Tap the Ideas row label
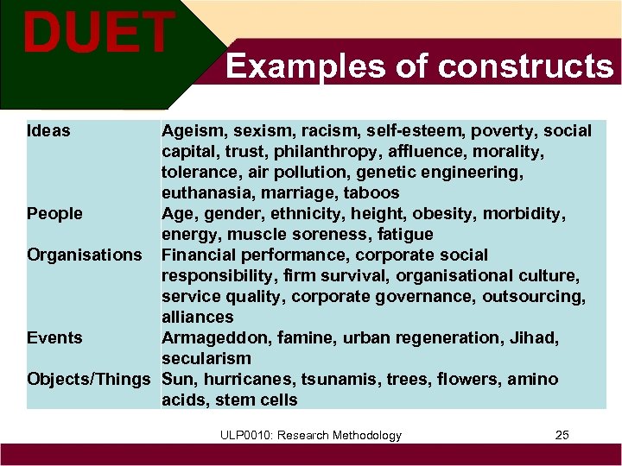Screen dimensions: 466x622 (x=49, y=131)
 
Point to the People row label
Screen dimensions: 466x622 (x=55, y=213)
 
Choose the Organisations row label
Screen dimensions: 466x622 (x=85, y=255)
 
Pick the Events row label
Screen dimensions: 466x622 (x=54, y=337)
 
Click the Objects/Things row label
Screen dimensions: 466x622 (x=89, y=379)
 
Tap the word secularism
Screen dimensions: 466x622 (x=206, y=358)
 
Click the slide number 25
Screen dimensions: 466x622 (x=562, y=435)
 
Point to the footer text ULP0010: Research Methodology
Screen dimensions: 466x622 (x=310, y=435)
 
